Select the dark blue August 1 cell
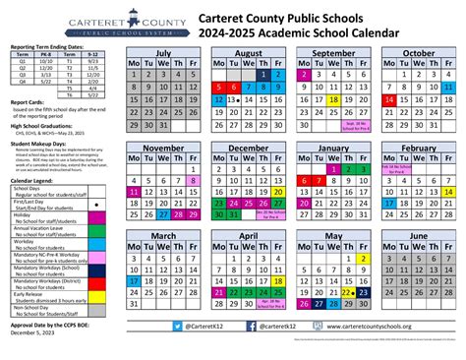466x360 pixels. click(262, 74)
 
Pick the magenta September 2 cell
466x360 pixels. click(304, 74)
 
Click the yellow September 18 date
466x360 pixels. click(335, 99)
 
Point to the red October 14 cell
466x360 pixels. click(389, 99)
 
